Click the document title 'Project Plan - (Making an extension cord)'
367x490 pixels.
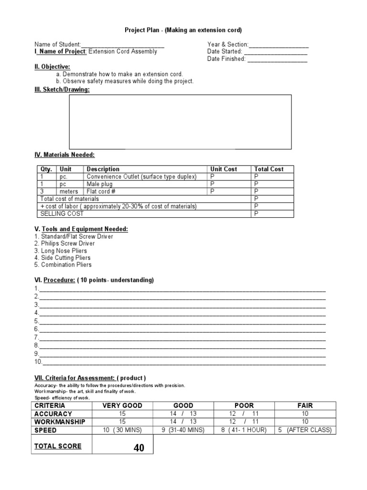183,30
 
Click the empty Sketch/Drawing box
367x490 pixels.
180,122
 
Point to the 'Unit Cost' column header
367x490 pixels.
223,169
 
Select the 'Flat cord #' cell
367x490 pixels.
102,191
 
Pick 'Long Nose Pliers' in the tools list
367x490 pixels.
60,251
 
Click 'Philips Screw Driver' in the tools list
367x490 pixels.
65,244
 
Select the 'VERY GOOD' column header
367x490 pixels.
122,405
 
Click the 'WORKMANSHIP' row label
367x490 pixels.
60,422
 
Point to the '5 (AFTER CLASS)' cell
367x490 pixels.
305,430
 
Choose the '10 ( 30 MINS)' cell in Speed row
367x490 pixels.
122,430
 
